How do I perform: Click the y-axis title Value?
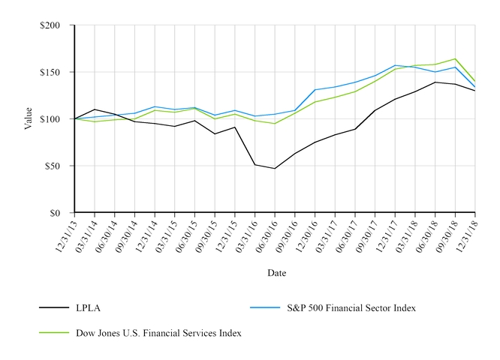coord(29,118)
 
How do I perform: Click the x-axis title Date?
coord(276,273)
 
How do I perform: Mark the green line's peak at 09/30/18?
coord(455,58)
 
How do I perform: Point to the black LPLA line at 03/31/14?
coord(95,109)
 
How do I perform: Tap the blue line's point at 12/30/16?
coord(315,90)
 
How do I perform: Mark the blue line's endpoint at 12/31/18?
coord(475,87)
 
